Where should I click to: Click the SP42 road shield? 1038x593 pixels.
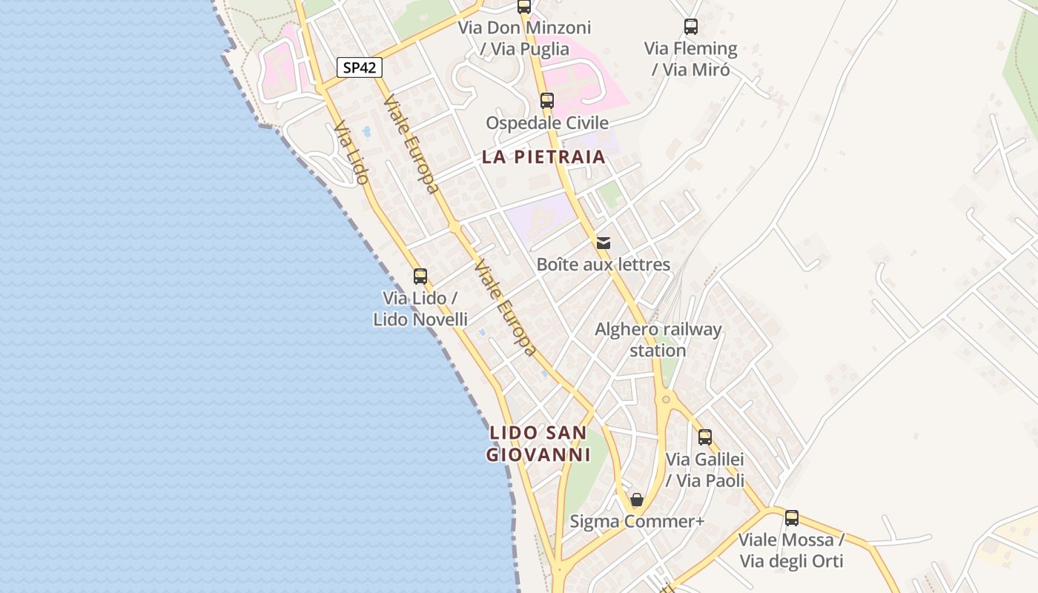coord(360,67)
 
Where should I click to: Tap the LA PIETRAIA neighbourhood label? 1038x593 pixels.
coord(543,157)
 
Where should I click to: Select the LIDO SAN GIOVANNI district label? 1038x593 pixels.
coord(538,443)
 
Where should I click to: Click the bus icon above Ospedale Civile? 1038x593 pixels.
coord(547,101)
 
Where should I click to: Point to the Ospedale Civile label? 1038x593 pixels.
coord(547,122)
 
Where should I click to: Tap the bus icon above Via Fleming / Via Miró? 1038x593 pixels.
coord(691,27)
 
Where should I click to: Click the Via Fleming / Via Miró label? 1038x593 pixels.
coord(691,59)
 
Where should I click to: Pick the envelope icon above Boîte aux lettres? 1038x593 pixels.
coord(604,242)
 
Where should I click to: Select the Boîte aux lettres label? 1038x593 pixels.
coord(604,265)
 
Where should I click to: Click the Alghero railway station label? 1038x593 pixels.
coord(658,339)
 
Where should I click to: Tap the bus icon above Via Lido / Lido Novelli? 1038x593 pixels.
coord(420,276)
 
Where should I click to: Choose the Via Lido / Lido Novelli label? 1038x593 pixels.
coord(420,308)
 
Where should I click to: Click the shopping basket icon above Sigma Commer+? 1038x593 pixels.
coord(636,500)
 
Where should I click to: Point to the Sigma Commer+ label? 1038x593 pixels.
coord(636,521)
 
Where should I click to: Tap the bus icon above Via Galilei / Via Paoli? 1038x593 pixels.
coord(705,437)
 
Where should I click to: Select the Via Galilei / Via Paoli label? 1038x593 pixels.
coord(705,470)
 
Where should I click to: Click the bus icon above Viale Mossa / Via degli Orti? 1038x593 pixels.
coord(792,518)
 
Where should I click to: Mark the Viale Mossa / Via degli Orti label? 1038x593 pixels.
coord(792,550)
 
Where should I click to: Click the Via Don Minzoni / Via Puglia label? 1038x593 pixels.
coord(525,39)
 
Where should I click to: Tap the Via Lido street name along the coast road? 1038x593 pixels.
coord(351,153)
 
